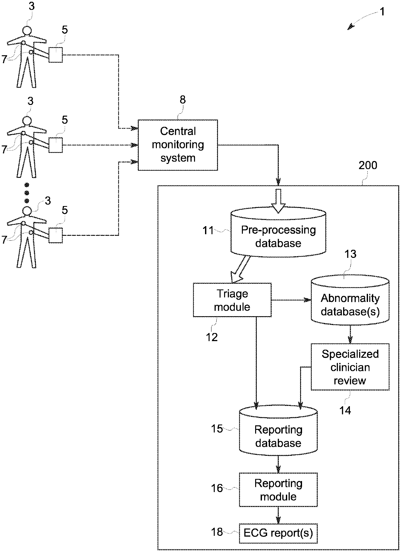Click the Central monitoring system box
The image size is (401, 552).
(x=178, y=145)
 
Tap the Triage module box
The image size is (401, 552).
(x=232, y=300)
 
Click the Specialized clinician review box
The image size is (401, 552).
(x=350, y=367)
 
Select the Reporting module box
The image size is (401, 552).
(x=278, y=489)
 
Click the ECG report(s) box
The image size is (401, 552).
(x=278, y=533)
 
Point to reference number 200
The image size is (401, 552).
(x=368, y=166)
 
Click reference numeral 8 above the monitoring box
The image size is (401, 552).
(x=183, y=100)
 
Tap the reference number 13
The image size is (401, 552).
(x=350, y=254)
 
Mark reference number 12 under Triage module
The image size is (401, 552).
(x=212, y=337)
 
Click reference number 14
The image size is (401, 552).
(x=345, y=410)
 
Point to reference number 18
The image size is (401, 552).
(x=217, y=532)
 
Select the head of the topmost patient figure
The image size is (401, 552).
(x=27, y=31)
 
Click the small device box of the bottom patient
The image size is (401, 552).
(x=56, y=235)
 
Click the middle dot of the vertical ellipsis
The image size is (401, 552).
(x=27, y=193)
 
